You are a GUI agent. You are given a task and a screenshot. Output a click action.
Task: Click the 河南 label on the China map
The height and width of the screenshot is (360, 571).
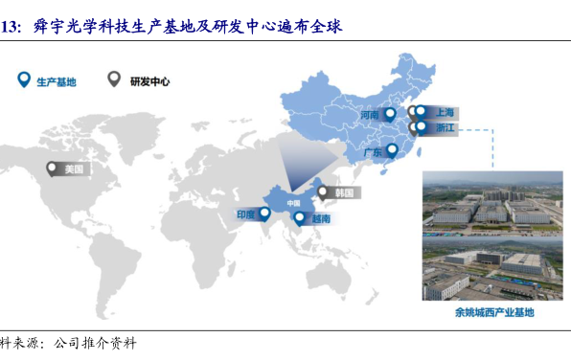pyautogui.click(x=370, y=115)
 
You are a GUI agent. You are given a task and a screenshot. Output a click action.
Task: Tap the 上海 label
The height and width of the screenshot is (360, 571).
pyautogui.click(x=445, y=112)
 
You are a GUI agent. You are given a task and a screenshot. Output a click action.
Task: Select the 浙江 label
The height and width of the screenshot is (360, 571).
pyautogui.click(x=445, y=127)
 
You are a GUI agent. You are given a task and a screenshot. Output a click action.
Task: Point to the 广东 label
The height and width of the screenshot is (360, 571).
pyautogui.click(x=373, y=152)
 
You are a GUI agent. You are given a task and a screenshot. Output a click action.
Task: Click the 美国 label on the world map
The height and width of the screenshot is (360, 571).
pyautogui.click(x=74, y=169)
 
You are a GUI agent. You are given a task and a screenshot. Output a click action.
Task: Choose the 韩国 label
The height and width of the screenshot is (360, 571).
pyautogui.click(x=344, y=192)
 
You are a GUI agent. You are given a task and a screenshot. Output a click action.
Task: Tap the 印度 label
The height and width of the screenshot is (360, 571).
pyautogui.click(x=246, y=214)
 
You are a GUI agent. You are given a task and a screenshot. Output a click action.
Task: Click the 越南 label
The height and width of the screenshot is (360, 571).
pyautogui.click(x=321, y=218)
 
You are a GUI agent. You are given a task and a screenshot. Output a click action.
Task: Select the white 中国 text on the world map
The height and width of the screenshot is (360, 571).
pyautogui.click(x=293, y=203)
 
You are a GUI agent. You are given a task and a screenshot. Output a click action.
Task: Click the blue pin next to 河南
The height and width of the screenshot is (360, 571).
pyautogui.click(x=390, y=115)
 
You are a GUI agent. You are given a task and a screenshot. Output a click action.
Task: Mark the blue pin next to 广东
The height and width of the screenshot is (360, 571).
pyautogui.click(x=392, y=150)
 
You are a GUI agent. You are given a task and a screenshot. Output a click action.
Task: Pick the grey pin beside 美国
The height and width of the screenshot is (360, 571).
pyautogui.click(x=52, y=169)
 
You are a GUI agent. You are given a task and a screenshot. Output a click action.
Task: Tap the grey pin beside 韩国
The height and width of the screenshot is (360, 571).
pyautogui.click(x=322, y=192)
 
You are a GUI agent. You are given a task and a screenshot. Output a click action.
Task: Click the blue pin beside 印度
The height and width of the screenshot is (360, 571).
pyautogui.click(x=264, y=214)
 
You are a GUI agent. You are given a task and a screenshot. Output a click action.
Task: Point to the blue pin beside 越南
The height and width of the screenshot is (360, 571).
pyautogui.click(x=299, y=218)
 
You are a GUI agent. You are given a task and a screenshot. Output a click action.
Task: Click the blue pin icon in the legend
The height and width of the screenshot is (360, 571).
pyautogui.click(x=24, y=79)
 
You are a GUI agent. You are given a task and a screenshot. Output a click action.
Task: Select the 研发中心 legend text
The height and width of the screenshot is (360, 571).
pyautogui.click(x=150, y=81)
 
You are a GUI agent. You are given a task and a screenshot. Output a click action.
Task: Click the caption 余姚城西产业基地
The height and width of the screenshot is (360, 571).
pyautogui.click(x=494, y=312)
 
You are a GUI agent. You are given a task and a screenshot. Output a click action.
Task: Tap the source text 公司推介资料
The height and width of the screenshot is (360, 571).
pyautogui.click(x=95, y=343)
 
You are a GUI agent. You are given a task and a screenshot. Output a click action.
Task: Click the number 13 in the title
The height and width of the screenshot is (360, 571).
pyautogui.click(x=10, y=28)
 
